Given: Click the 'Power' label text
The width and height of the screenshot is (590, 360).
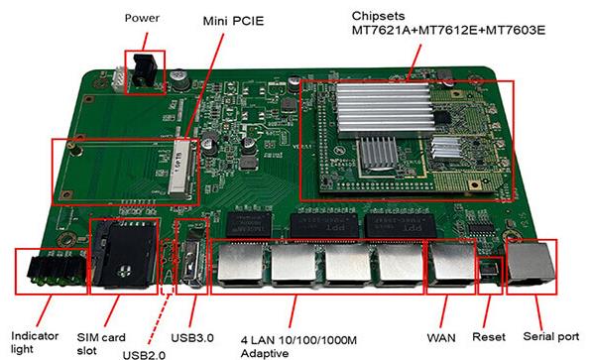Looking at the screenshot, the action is coord(142,18).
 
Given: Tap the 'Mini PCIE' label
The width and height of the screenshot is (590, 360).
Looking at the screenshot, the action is coord(233,21).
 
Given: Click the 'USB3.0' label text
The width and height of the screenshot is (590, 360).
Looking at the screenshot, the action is coord(192,338).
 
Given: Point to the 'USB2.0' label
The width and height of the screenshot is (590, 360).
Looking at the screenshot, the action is coord(144,355).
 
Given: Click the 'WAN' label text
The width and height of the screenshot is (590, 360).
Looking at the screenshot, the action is coord(441,338).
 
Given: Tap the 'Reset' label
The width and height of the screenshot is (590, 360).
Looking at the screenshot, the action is coord(489,337).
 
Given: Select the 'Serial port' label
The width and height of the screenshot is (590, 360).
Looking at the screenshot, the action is coord(551,336).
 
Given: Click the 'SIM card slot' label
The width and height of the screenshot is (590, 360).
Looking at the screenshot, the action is coord(101,344).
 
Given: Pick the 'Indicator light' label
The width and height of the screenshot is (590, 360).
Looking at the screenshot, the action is coord(35,342).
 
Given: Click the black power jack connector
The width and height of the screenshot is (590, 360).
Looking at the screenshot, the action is coord(144,70).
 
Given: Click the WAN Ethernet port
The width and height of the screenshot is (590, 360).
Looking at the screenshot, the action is coord(451,265).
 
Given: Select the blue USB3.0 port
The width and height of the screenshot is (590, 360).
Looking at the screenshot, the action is coord(192,263).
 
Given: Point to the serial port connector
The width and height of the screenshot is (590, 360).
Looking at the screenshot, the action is coord(531,265).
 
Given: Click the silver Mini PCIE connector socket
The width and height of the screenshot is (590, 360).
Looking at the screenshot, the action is coord(183,168).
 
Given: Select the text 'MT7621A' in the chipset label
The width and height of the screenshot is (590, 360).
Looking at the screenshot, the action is coord(382,30).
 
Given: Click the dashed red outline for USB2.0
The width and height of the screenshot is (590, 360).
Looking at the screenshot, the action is coord(167,265).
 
